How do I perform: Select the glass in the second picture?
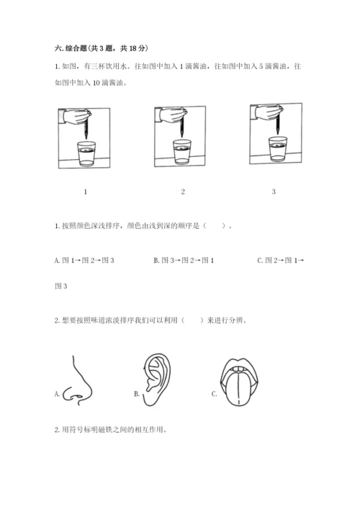182,153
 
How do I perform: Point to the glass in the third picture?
276,151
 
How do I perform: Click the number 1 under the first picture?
86,192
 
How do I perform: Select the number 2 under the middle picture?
183,192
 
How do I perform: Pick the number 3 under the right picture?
274,192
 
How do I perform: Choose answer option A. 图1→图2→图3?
85,259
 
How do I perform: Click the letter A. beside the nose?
57,394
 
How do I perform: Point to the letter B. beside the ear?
136,394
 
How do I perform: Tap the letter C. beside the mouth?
215,394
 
